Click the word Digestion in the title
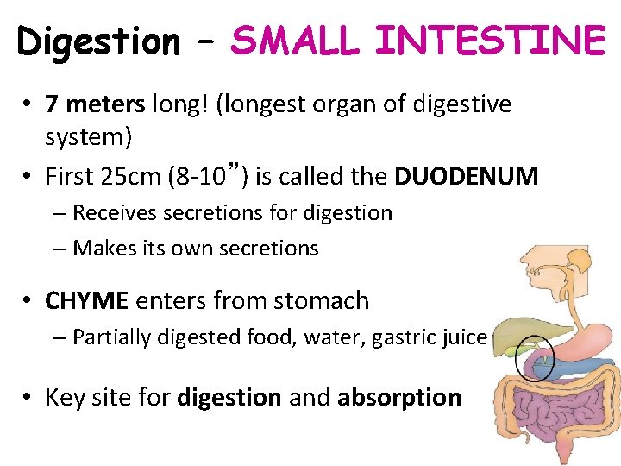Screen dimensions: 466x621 98,41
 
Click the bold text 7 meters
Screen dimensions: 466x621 96,105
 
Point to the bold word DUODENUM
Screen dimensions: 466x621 467,177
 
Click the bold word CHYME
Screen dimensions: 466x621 87,301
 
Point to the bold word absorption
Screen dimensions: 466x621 399,398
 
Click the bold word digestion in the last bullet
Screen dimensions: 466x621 229,398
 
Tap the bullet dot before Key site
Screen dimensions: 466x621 28,398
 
